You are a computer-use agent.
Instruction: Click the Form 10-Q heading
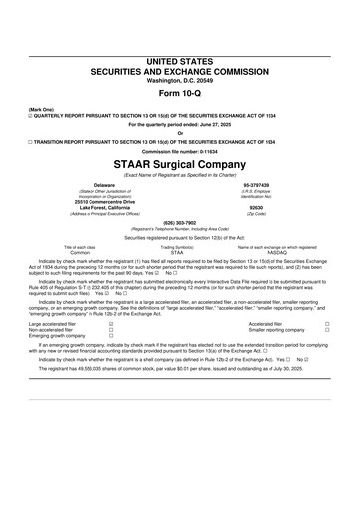click(x=180, y=69)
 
